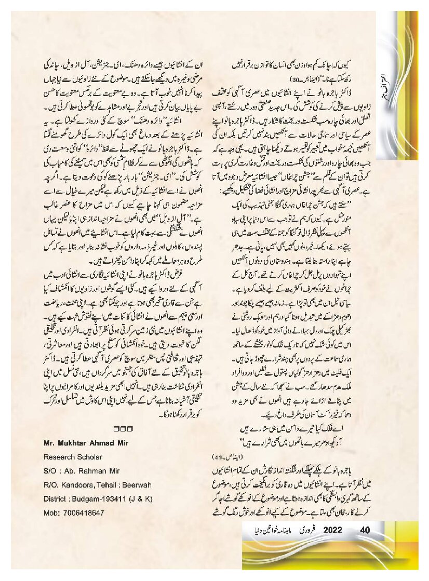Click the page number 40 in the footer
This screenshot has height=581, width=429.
(x=364, y=530)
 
